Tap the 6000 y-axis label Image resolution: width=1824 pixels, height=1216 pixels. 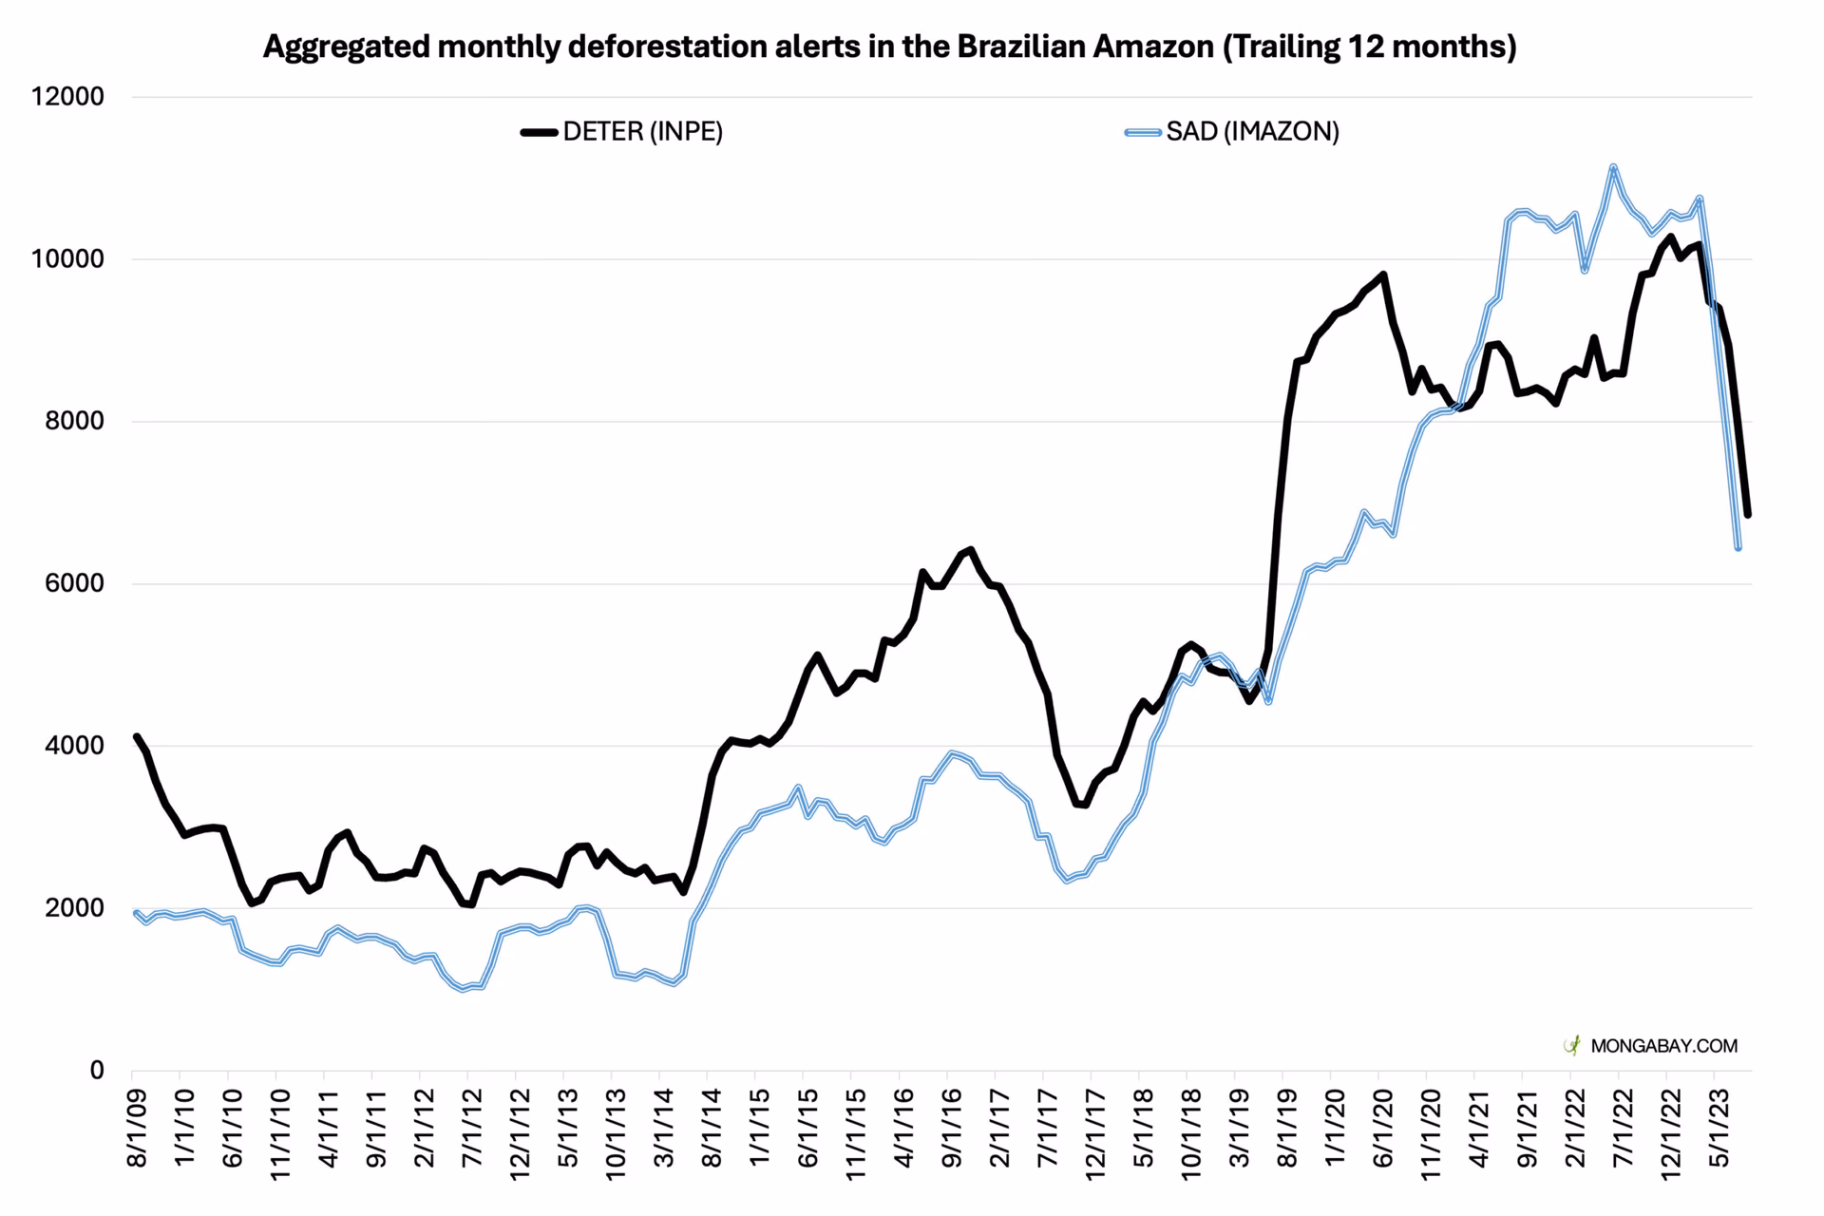(75, 583)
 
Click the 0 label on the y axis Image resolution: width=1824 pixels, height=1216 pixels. (96, 1071)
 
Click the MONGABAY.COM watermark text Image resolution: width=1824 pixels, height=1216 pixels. (1663, 1046)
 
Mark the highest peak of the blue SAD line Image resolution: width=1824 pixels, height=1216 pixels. (1613, 167)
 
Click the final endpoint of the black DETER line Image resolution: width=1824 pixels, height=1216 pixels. (1748, 515)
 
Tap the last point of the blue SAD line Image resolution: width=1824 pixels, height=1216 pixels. (1738, 547)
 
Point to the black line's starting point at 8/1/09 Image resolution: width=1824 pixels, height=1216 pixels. (136, 736)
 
